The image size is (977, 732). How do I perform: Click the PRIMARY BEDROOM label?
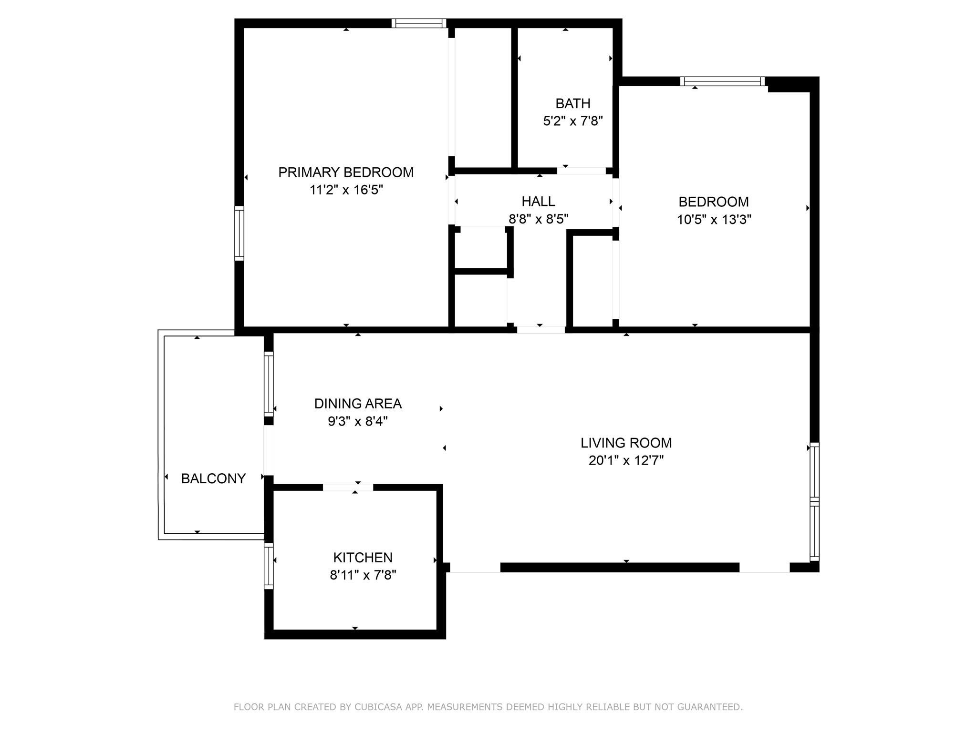tap(346, 172)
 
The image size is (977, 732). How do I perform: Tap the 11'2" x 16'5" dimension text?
tap(346, 190)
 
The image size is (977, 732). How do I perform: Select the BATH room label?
tap(573, 103)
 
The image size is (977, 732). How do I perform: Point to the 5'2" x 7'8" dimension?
tap(573, 121)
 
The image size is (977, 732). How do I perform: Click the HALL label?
tap(538, 201)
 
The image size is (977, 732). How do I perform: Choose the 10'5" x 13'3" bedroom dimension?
tap(714, 220)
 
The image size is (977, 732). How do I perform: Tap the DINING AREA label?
tap(358, 404)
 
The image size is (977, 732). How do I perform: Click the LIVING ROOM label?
tap(626, 443)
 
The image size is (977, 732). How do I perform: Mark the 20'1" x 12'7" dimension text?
tap(626, 460)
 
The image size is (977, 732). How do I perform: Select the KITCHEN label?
tap(363, 557)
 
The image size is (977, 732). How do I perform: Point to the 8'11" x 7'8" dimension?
tap(363, 575)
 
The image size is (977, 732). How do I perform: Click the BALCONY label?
tap(213, 478)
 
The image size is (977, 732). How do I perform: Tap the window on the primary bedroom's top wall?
tap(419, 23)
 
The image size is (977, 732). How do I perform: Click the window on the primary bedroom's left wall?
tap(239, 234)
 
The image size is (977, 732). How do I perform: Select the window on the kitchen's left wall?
tap(269, 566)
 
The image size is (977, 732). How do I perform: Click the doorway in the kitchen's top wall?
tap(348, 487)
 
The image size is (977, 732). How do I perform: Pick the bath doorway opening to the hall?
tap(582, 171)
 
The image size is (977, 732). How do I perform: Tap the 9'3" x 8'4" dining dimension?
tap(358, 421)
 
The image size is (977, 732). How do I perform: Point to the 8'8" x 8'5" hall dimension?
tap(539, 219)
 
